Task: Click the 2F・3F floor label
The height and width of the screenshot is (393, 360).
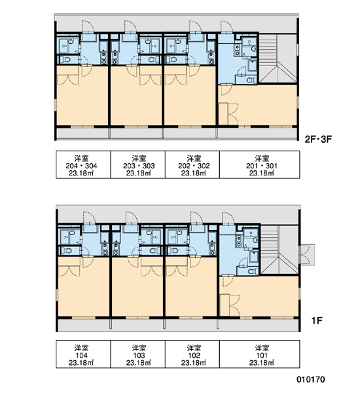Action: click(x=318, y=139)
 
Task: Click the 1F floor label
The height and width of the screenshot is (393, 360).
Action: click(x=317, y=320)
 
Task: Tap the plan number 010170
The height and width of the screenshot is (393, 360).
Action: click(x=311, y=379)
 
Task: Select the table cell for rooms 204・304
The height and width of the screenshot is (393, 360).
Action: click(x=83, y=164)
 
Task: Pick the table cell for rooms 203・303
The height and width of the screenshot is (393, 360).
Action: click(x=138, y=164)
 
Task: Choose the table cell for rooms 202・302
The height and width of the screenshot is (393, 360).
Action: click(x=192, y=164)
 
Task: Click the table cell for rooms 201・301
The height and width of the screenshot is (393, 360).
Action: click(x=260, y=164)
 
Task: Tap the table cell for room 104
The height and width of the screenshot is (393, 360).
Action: click(x=83, y=354)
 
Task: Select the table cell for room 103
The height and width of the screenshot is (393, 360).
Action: click(x=138, y=354)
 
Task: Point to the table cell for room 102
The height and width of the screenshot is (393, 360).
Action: click(x=192, y=354)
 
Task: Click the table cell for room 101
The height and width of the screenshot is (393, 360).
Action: click(x=260, y=354)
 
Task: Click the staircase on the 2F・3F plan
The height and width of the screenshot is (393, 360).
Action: click(x=278, y=58)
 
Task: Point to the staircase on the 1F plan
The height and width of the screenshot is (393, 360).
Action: click(x=279, y=250)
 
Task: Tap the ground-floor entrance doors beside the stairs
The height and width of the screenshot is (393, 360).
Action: click(x=306, y=255)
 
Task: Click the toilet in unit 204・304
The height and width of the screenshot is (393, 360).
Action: click(x=66, y=60)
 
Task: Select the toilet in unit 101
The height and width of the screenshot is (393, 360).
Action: click(x=252, y=271)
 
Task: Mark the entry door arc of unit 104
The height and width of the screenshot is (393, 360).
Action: click(x=90, y=217)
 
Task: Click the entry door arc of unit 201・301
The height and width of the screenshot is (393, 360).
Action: click(x=227, y=27)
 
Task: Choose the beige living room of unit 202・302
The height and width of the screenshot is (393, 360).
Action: click(x=190, y=100)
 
